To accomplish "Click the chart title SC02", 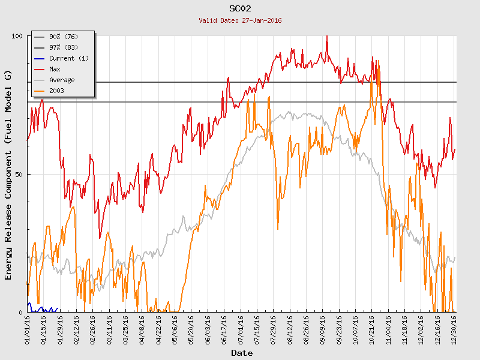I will click(x=240, y=9).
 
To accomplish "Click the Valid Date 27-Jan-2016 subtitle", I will click(x=240, y=20).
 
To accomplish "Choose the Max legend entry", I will click(x=55, y=69).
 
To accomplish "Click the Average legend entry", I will click(x=61, y=80).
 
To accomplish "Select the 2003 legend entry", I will click(x=56, y=91).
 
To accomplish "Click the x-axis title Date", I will click(x=242, y=353).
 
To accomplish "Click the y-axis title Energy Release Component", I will click(x=8, y=174).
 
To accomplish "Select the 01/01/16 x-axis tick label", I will click(x=28, y=329).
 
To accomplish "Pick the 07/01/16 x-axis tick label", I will click(x=241, y=329).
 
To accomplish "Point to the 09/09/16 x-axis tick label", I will click(x=323, y=329).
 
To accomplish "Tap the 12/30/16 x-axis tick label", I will click(x=454, y=329).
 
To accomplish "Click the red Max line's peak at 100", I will click(x=326, y=37).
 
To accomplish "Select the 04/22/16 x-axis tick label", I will click(x=158, y=329).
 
